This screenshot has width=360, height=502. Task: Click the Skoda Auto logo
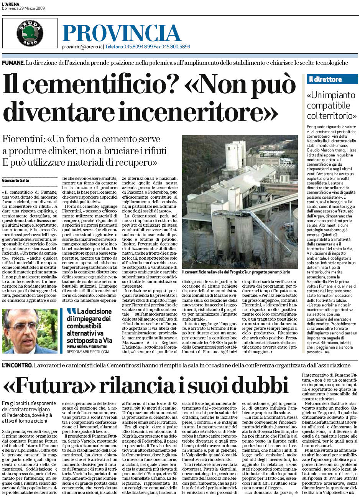30,33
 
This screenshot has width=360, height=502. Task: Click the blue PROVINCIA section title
122,33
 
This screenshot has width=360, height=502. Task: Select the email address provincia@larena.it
82,47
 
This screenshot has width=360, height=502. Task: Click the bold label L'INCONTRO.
16,365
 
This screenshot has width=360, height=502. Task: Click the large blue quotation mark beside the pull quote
71,311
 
